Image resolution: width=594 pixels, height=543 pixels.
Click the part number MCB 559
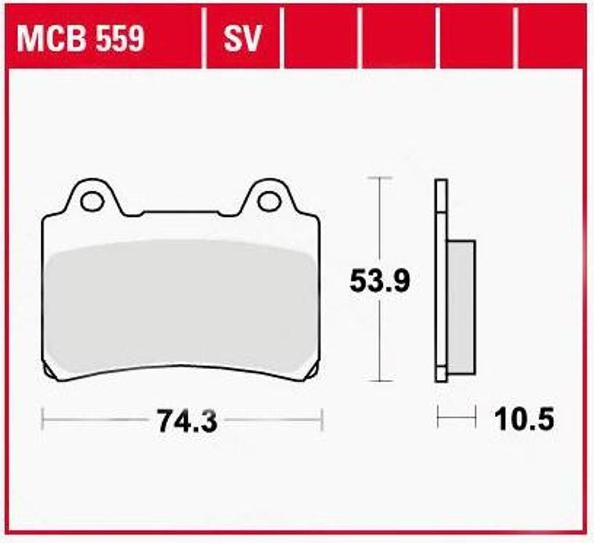click(80, 39)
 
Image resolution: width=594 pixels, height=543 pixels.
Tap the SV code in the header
click(242, 39)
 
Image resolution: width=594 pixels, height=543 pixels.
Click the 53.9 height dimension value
click(379, 281)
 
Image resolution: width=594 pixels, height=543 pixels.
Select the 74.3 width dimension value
click(187, 421)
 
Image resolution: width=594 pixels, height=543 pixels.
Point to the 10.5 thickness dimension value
click(524, 419)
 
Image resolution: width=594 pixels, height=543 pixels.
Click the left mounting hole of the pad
click(92, 201)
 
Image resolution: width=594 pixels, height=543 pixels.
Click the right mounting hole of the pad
click(269, 201)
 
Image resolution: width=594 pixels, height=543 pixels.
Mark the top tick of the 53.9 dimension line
click(379, 178)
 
